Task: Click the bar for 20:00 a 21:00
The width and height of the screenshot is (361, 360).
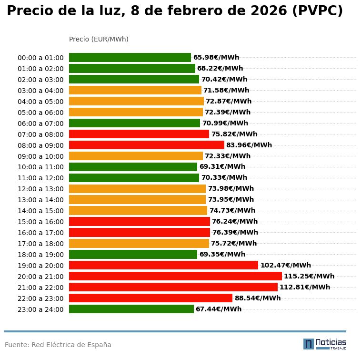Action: [175, 276]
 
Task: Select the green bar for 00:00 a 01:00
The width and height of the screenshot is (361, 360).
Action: [130, 58]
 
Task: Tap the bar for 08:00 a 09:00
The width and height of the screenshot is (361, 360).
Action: [147, 145]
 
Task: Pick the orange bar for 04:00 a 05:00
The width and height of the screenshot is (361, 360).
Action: [136, 101]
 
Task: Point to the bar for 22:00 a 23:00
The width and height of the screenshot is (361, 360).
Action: [150, 298]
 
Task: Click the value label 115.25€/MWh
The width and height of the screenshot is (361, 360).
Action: [309, 276]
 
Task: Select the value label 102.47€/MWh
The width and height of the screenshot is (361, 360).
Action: [286, 265]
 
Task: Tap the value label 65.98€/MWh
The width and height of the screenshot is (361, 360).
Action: [216, 58]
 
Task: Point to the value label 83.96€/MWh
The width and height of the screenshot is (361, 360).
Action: [249, 145]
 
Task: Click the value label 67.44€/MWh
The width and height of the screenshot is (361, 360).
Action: [219, 309]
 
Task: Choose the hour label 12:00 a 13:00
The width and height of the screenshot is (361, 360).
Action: [40, 189]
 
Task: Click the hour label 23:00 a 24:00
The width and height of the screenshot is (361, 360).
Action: [40, 309]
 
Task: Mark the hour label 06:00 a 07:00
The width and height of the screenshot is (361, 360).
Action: [40, 123]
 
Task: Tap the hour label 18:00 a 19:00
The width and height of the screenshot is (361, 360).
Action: [40, 255]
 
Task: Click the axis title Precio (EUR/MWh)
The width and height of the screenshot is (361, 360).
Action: [99, 39]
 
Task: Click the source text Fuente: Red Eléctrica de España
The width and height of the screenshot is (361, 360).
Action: [58, 345]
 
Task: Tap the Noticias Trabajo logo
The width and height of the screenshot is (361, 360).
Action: [325, 344]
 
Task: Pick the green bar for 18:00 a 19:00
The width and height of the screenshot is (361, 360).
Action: [133, 254]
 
